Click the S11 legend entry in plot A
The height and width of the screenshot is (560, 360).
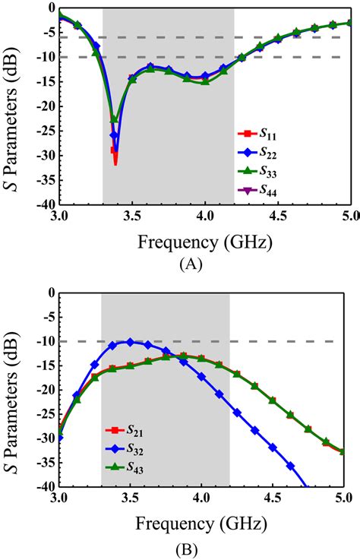255,134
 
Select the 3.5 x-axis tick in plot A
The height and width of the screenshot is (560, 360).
131,216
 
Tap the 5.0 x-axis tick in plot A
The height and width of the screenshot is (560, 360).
348,216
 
